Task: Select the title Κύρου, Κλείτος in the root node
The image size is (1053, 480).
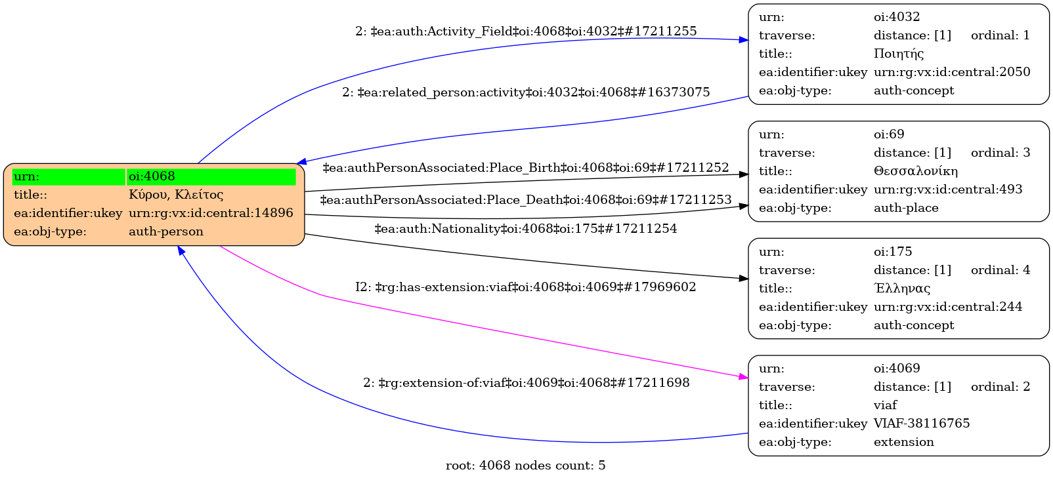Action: pyautogui.click(x=176, y=195)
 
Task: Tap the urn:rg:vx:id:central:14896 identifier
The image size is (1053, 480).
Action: pyautogui.click(x=211, y=213)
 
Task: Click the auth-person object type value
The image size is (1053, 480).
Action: pyautogui.click(x=166, y=231)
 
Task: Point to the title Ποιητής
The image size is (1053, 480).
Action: pyautogui.click(x=899, y=54)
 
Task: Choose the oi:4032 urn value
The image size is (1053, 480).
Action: pyautogui.click(x=897, y=17)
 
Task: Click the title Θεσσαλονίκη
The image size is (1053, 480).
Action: pyautogui.click(x=916, y=171)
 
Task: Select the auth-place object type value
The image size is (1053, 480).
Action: pyautogui.click(x=906, y=208)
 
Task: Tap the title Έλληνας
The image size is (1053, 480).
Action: pyautogui.click(x=902, y=289)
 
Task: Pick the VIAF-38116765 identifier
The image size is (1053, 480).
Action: pyautogui.click(x=922, y=424)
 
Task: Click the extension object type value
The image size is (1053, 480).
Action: pyautogui.click(x=903, y=442)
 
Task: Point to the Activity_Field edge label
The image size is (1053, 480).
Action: pyautogui.click(x=526, y=31)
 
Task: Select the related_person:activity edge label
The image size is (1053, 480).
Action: pyautogui.click(x=526, y=92)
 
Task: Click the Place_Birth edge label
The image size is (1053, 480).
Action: pyautogui.click(x=526, y=168)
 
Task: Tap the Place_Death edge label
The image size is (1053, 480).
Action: pyautogui.click(x=526, y=200)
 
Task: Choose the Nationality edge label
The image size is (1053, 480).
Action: pyautogui.click(x=526, y=229)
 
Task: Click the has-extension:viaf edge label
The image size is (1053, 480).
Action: pyautogui.click(x=526, y=287)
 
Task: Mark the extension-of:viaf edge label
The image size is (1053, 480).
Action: pyautogui.click(x=526, y=383)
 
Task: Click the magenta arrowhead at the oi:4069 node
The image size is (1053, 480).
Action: pyautogui.click(x=743, y=377)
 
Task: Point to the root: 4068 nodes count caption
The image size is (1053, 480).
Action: pyautogui.click(x=526, y=466)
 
